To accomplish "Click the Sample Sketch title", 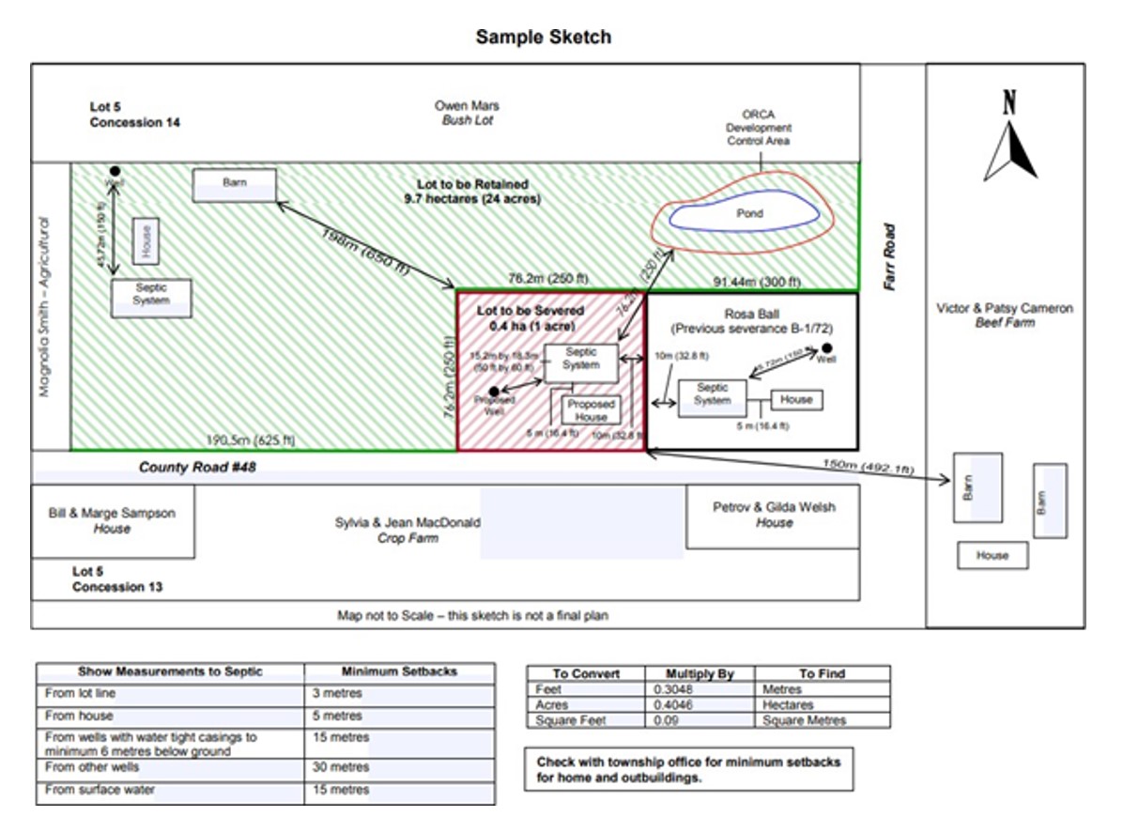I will point(543,37).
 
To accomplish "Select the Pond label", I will point(748,213).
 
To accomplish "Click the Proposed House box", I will point(591,410).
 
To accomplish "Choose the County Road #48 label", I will point(197,467).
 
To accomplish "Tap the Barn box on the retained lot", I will point(235,184).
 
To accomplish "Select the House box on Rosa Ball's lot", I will point(796,399).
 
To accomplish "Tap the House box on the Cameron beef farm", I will point(992,555).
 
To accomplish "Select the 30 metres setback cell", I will point(342,767).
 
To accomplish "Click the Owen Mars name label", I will point(467,106).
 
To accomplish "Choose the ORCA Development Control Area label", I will point(759,128).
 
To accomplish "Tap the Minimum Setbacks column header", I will point(399,672).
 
